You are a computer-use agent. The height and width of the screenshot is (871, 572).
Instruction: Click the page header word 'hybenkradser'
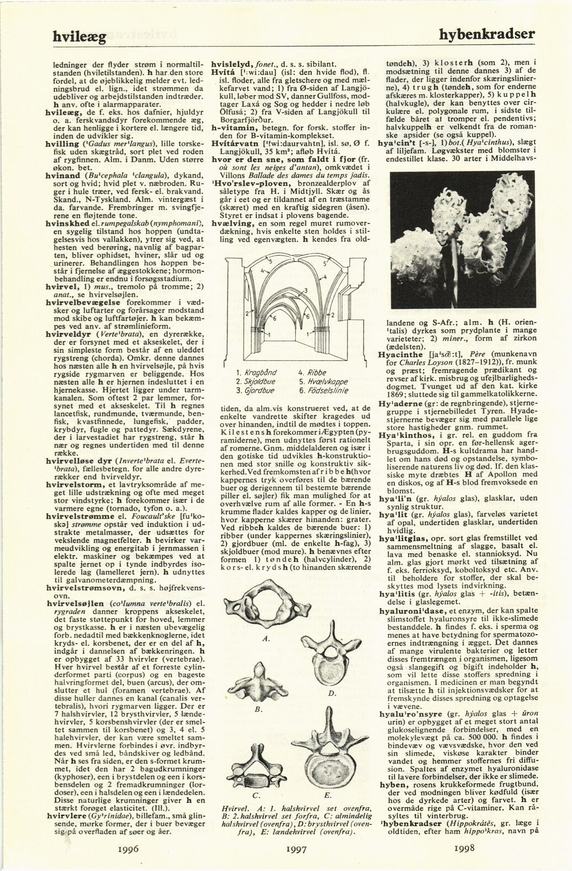488,34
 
